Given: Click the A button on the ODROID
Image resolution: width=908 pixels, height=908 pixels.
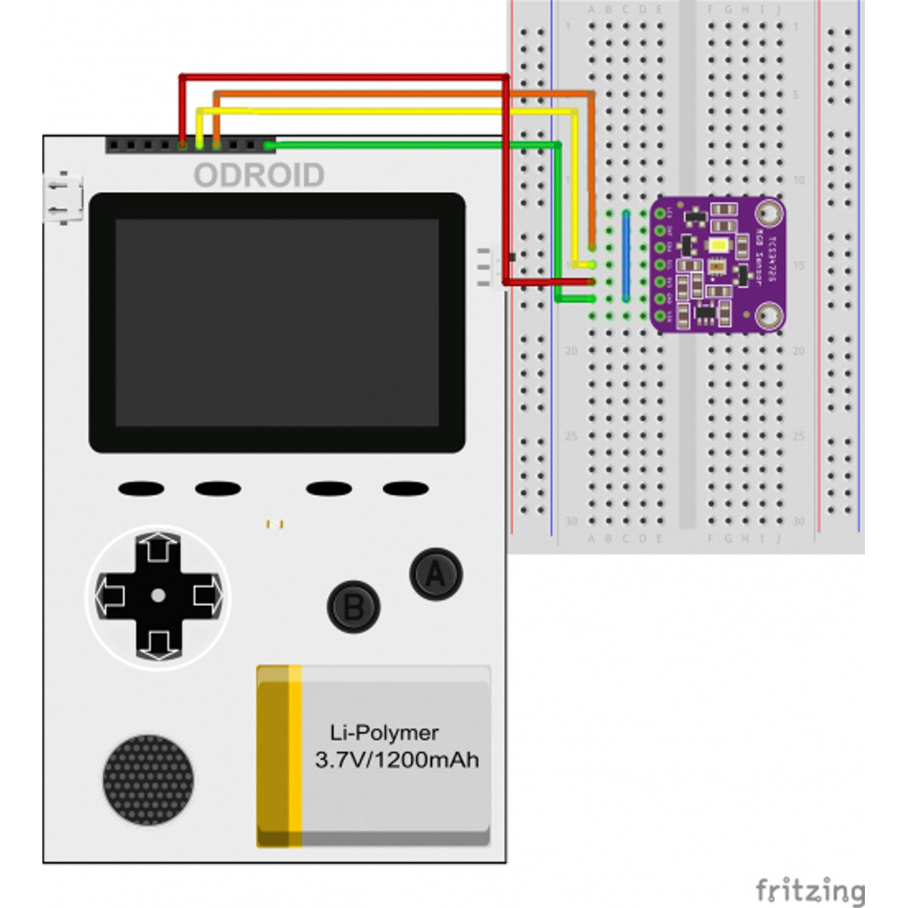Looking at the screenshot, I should click(x=436, y=574).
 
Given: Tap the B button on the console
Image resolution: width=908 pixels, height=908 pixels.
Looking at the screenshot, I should click(x=353, y=607).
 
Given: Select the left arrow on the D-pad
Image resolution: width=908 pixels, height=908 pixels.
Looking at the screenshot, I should click(x=110, y=596).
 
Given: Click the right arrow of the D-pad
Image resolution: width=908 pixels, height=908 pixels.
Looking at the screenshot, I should click(x=206, y=596).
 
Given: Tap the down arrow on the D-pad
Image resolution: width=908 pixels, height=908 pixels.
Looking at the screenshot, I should click(x=157, y=643).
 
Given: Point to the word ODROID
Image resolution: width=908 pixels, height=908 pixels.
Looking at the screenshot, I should click(x=259, y=176).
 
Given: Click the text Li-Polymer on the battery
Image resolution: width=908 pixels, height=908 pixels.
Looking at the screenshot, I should click(x=384, y=732).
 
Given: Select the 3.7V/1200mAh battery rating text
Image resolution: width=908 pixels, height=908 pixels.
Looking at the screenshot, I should click(x=396, y=760).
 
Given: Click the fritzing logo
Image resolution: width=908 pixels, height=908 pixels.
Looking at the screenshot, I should click(x=810, y=891).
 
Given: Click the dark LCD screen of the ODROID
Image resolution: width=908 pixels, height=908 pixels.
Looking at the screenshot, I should click(x=277, y=322).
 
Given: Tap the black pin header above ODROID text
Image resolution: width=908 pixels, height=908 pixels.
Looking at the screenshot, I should click(x=189, y=144).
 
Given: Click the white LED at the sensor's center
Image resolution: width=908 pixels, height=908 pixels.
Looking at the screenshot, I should click(x=719, y=245).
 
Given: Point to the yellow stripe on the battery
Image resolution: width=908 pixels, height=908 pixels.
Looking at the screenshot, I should click(x=294, y=757).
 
